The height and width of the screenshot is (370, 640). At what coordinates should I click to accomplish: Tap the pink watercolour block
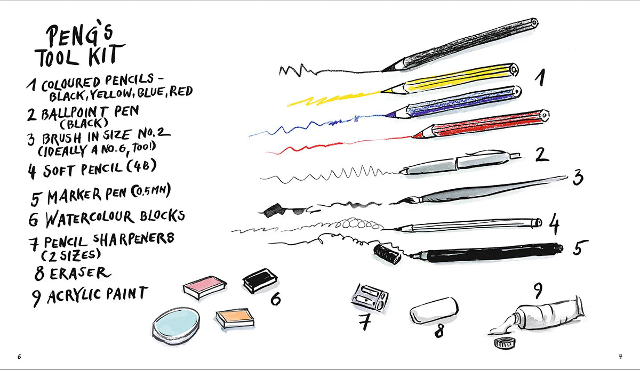205,287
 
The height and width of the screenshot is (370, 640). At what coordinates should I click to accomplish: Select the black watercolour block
260,280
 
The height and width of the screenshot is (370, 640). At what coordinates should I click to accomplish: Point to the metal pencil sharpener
370,297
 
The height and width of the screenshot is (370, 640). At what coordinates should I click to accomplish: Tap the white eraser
434,311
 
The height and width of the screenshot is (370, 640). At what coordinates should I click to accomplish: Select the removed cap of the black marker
387,254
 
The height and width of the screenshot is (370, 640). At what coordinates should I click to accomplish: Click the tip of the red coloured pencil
413,136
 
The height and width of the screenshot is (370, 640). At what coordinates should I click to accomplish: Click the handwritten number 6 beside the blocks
276,299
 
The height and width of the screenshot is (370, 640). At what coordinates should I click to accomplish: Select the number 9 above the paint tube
538,291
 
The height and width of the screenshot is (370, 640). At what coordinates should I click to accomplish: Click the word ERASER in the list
80,274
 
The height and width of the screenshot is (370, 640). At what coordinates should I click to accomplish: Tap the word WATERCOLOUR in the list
90,219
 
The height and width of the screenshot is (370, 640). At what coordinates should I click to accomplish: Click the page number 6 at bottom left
19,357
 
